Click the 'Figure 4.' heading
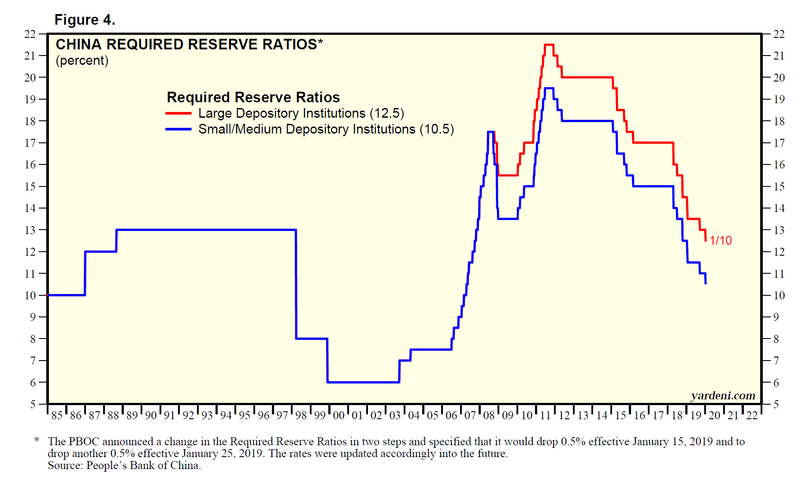[x=85, y=20]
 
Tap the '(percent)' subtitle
[x=82, y=60]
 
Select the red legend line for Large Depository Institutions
[x=178, y=113]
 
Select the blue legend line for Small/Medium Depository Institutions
[x=178, y=129]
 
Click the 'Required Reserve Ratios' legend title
[x=253, y=97]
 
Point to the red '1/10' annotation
[x=721, y=240]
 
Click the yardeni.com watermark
[x=723, y=395]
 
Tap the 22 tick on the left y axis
[x=30, y=34]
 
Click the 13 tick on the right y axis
[x=779, y=230]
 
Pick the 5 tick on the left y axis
[x=33, y=404]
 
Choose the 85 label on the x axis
[x=57, y=415]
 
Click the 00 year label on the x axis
[x=338, y=415]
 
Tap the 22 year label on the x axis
[x=752, y=415]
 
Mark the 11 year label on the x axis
[x=545, y=415]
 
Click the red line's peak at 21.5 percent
[x=549, y=45]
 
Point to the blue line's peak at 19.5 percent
[x=549, y=88]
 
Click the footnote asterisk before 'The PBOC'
[x=37, y=440]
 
